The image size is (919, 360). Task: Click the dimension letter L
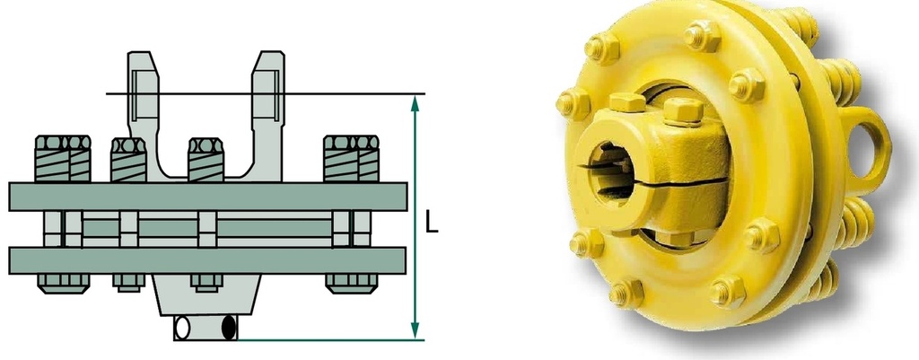click(x=432, y=223)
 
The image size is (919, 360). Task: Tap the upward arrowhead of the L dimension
click(x=416, y=103)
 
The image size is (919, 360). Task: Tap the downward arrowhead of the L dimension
click(x=416, y=330)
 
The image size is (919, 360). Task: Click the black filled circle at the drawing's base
click(x=229, y=328)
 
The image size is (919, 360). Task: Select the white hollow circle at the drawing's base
click(x=182, y=328)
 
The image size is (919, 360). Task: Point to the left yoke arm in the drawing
click(x=144, y=111)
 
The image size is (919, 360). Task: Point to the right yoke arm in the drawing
click(x=267, y=111)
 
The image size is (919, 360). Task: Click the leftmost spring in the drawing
click(x=63, y=158)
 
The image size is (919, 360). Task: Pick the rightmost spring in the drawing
click(x=351, y=158)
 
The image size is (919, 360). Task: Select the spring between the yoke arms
click(x=206, y=160)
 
